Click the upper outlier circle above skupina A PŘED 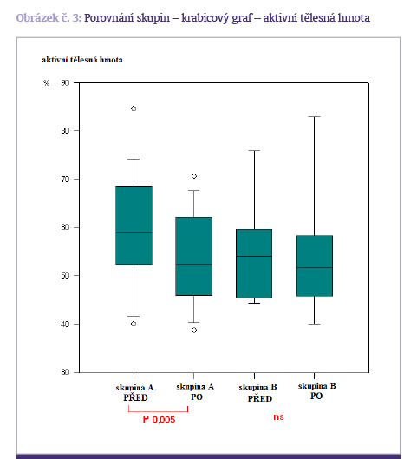point(134,108)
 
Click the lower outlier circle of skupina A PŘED point(134,324)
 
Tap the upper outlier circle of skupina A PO point(194,176)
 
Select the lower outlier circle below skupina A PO point(194,331)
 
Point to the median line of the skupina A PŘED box point(134,233)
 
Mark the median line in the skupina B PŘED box point(254,257)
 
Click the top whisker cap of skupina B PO point(315,117)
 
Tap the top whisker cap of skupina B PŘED point(254,150)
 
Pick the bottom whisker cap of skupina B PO point(315,324)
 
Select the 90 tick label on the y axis point(65,82)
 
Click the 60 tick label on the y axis point(65,227)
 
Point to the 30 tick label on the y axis point(65,372)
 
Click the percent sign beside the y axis point(46,82)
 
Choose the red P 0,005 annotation point(159,419)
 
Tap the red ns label point(278,416)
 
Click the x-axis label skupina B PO point(317,391)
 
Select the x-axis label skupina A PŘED point(134,392)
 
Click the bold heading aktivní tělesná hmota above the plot point(81,60)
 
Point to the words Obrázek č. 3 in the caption point(49,18)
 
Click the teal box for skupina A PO point(194,256)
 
